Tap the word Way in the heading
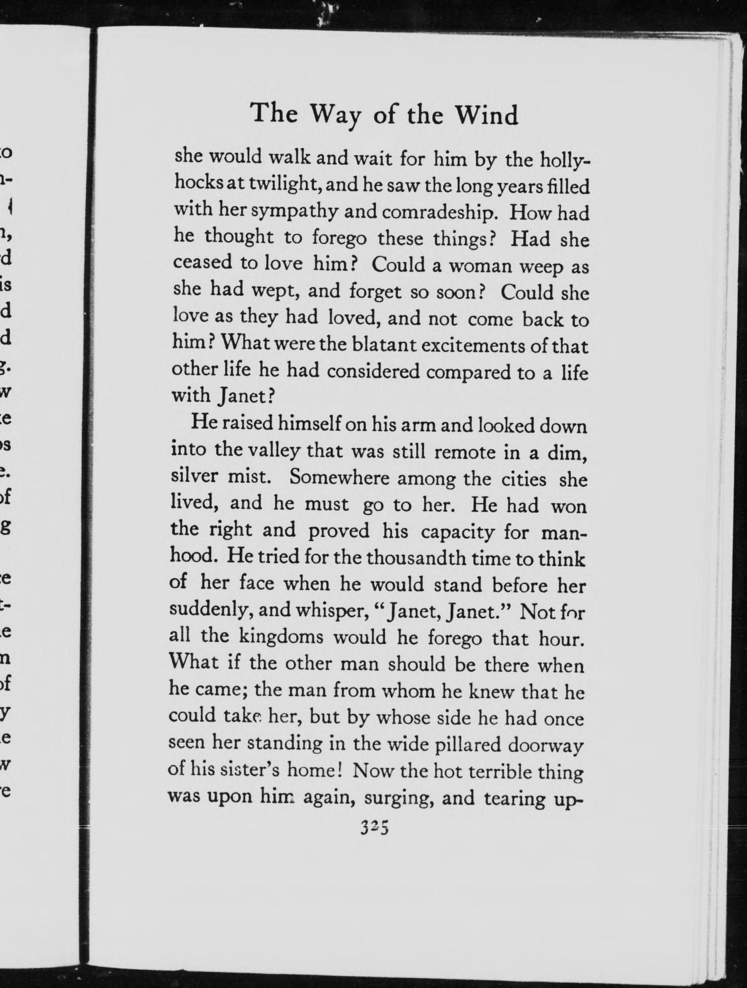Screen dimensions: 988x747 [x=338, y=116]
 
